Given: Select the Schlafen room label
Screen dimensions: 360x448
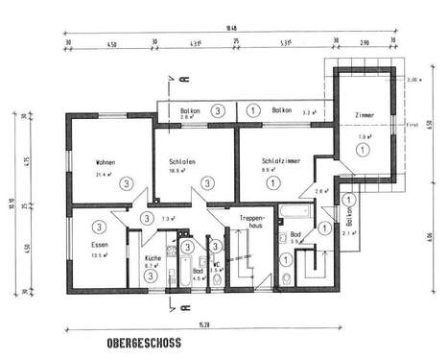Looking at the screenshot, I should pos(181,161).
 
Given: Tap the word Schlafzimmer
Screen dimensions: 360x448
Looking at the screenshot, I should pos(274,161).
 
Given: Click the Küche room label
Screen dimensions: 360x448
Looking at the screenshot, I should pos(152,258).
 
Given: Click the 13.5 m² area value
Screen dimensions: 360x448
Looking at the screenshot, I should pos(97,256).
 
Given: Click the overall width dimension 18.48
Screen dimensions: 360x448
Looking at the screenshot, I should pos(228,28).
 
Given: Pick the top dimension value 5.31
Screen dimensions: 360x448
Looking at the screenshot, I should pos(285,44).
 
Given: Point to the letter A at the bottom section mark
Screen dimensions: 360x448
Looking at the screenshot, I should pos(172,307).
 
